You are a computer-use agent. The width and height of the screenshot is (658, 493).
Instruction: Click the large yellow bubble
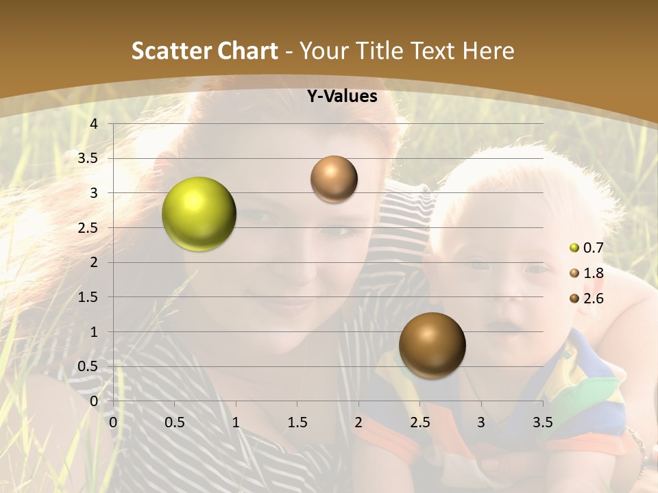(199, 214)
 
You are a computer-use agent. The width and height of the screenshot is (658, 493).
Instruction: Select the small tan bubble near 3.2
(334, 179)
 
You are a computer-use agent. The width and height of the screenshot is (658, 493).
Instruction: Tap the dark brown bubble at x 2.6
(432, 345)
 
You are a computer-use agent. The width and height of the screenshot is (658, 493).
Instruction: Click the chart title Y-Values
(341, 97)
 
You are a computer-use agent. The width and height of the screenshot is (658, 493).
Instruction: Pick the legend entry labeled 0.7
(587, 248)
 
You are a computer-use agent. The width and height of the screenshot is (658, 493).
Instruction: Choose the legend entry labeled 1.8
(587, 273)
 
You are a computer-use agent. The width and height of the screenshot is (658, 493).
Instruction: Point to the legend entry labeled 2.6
(587, 299)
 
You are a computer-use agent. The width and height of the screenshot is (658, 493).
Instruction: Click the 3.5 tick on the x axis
(543, 422)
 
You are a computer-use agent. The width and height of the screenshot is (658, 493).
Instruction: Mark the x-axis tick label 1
(236, 422)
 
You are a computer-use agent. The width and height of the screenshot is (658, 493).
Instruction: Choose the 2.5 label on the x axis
(419, 422)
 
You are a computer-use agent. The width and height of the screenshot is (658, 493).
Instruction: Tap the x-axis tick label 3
(481, 422)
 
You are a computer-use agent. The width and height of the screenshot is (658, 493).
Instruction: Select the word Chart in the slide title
(248, 51)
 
